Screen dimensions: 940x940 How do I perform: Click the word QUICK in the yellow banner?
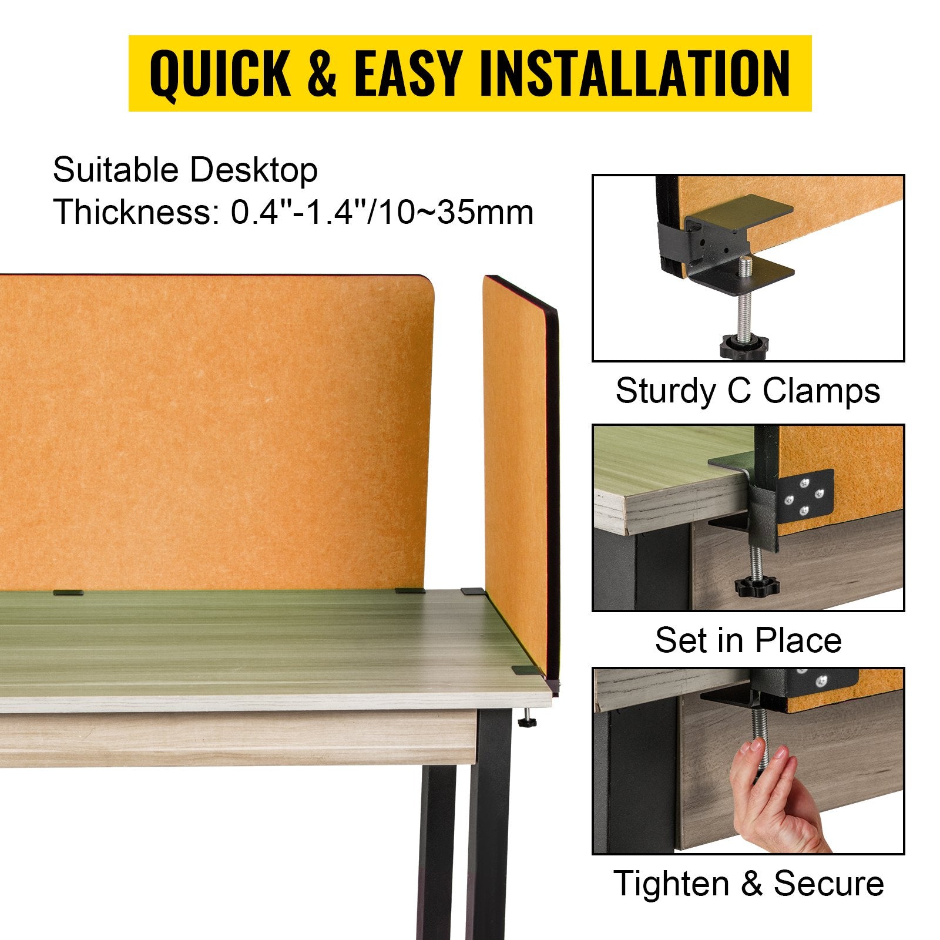click(220, 73)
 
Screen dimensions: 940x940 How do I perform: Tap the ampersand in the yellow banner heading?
click(322, 73)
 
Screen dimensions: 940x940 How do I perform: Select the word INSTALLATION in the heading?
click(635, 73)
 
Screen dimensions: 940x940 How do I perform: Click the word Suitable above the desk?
click(116, 170)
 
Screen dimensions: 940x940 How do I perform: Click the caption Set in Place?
click(748, 640)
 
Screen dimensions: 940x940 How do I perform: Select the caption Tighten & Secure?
click(748, 883)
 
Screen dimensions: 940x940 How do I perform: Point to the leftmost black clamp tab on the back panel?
click(68, 592)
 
